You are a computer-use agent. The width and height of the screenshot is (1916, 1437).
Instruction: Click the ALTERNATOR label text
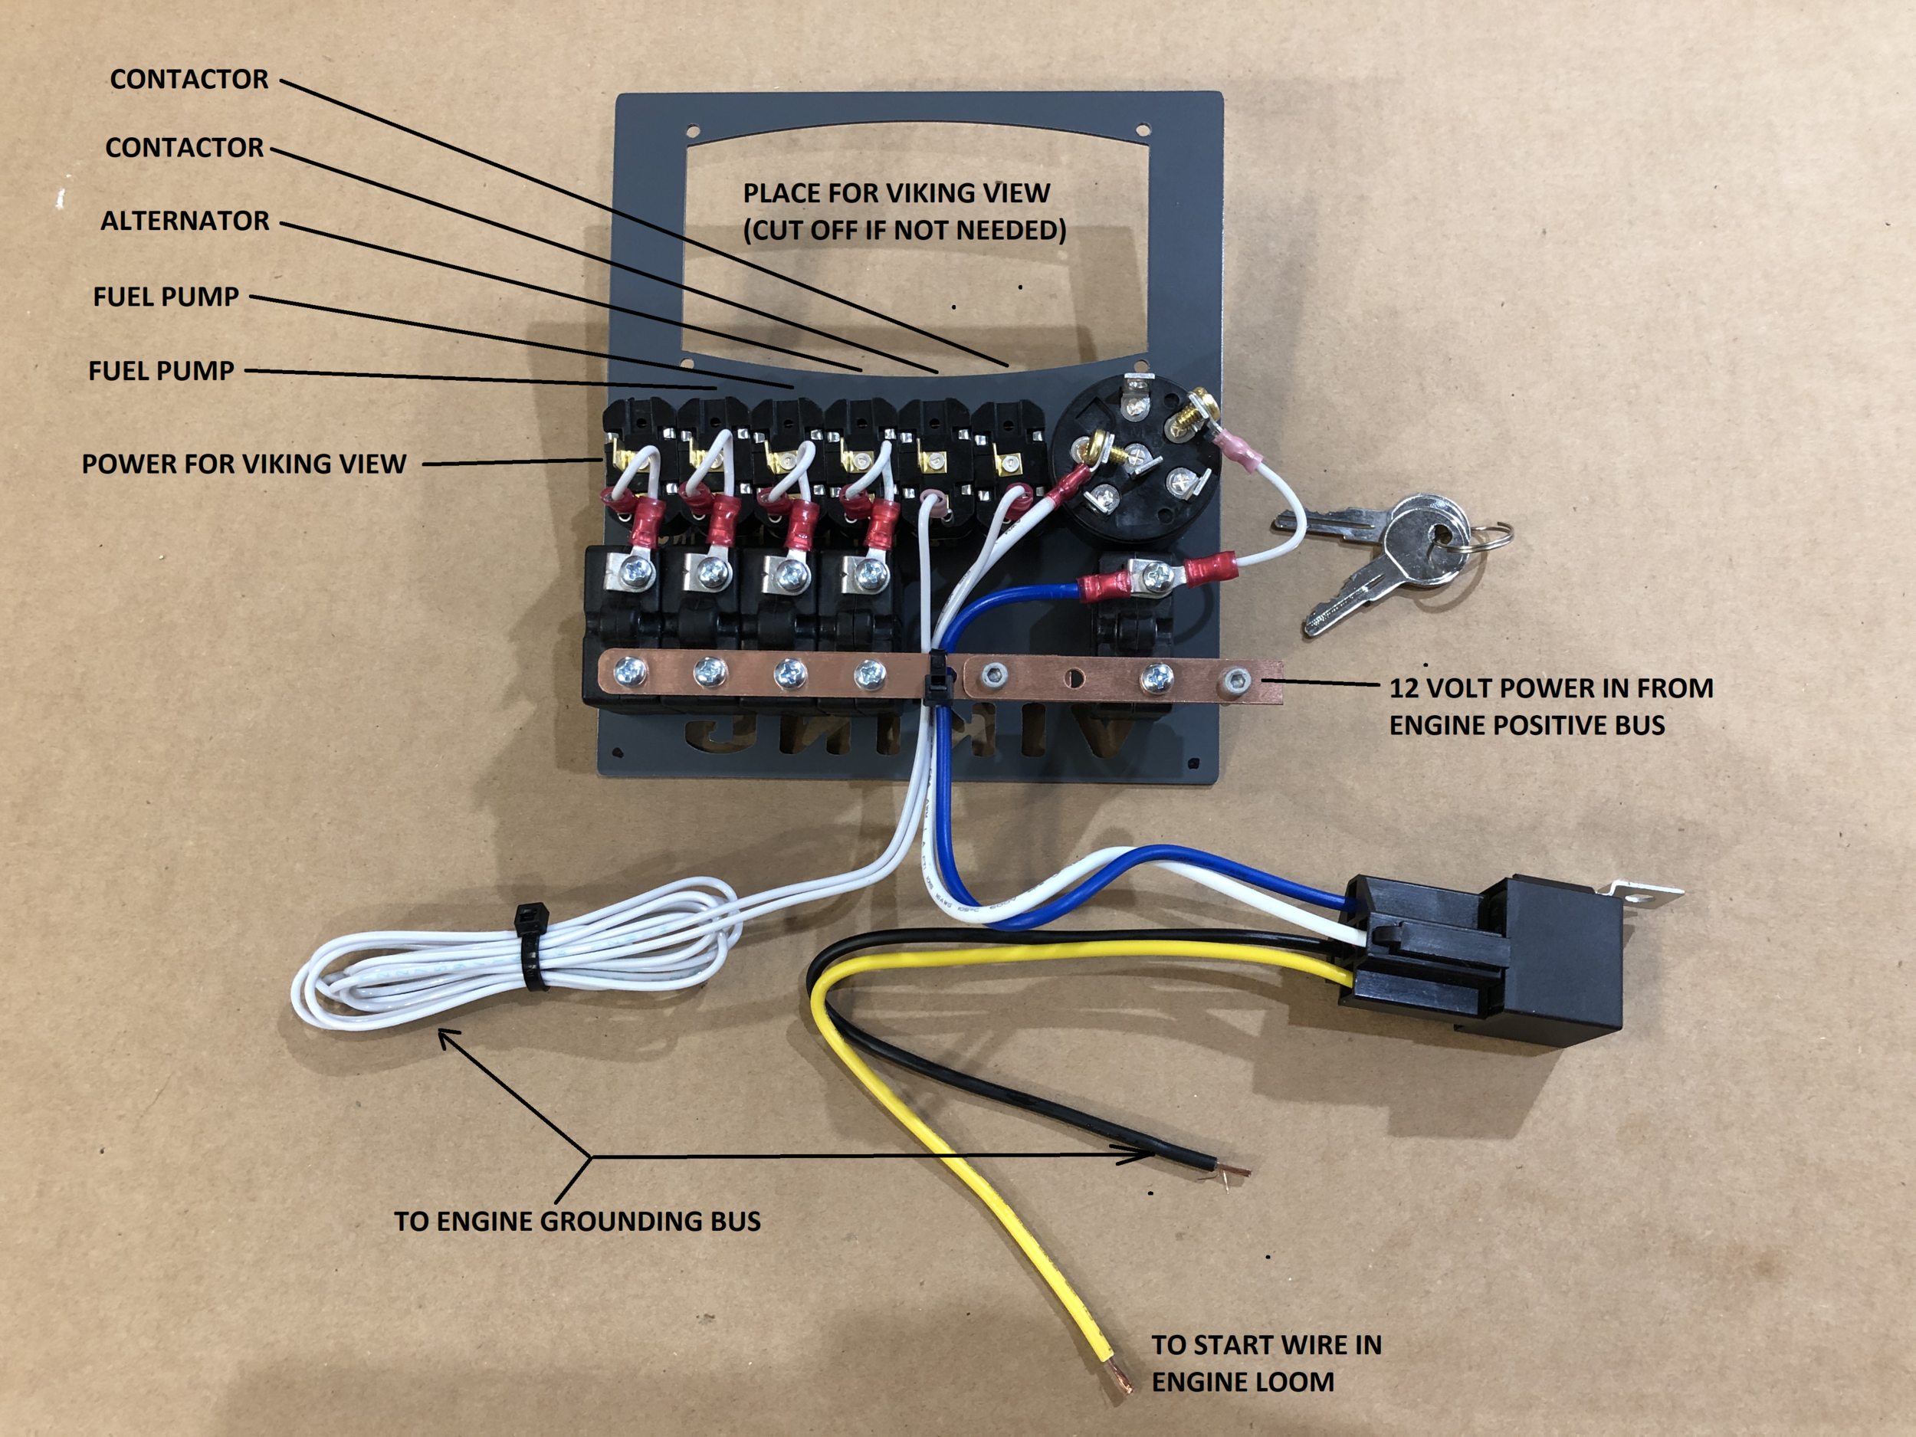(185, 221)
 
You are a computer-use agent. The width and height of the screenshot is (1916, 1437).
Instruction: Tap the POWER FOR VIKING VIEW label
(244, 464)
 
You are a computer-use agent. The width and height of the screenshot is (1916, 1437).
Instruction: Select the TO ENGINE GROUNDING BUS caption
(577, 1222)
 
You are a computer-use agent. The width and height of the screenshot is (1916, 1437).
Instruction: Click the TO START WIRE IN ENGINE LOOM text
(1265, 1363)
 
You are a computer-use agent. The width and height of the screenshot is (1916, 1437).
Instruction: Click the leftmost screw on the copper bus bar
(629, 670)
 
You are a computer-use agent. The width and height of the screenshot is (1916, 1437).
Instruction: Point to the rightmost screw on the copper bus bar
(1233, 681)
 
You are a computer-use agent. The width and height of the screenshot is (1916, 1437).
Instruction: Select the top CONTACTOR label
(189, 80)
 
